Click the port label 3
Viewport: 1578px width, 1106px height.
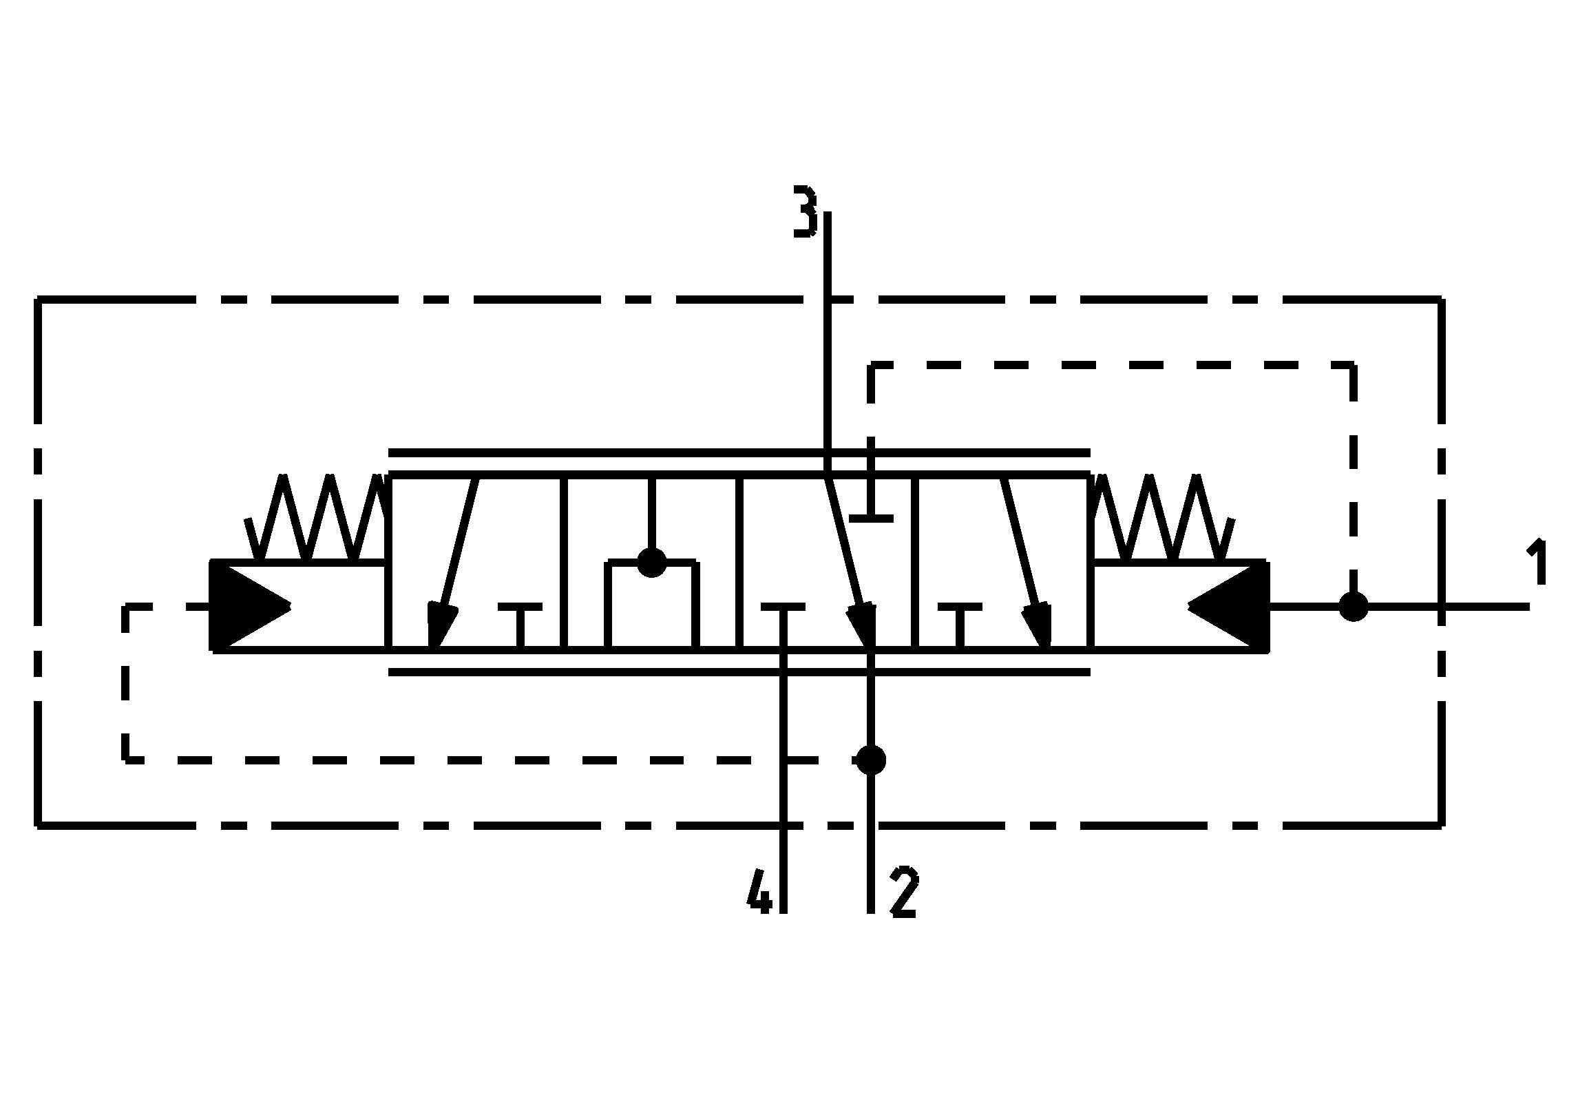pyautogui.click(x=805, y=211)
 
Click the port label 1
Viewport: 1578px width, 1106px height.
pyautogui.click(x=1537, y=563)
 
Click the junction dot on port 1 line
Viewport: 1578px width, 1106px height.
pyautogui.click(x=1354, y=607)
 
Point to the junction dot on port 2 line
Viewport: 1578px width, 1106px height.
pyautogui.click(x=871, y=760)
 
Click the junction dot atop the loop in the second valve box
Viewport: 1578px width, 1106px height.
pyautogui.click(x=652, y=562)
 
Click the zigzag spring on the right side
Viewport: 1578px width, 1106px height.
pyautogui.click(x=1162, y=518)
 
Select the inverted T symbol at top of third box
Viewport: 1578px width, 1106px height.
pyautogui.click(x=871, y=510)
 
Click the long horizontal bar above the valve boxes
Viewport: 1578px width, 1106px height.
pyautogui.click(x=739, y=452)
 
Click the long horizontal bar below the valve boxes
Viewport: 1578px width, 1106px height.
pyautogui.click(x=739, y=672)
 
